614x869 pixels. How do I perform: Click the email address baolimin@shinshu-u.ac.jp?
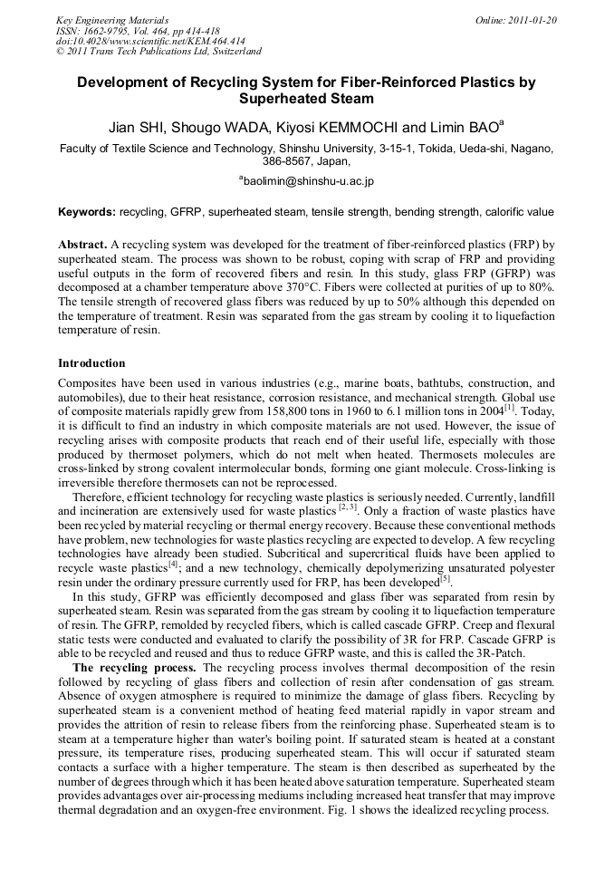(308, 181)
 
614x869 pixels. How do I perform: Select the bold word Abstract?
(82, 245)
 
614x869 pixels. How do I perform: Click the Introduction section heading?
(91, 362)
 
